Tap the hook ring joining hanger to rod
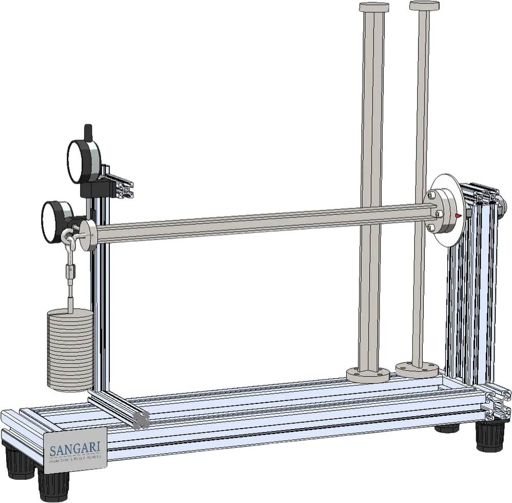click(x=67, y=237)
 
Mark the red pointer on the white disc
click(x=456, y=217)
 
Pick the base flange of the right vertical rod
click(x=417, y=368)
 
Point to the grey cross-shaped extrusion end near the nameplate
click(x=139, y=419)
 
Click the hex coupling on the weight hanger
click(x=68, y=269)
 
